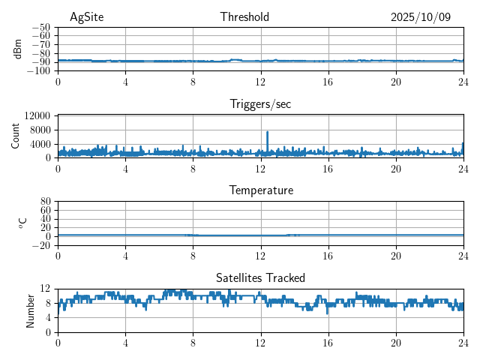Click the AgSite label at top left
pos(85,17)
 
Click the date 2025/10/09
pos(421,17)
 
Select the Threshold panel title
pos(244,17)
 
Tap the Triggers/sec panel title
pos(260,104)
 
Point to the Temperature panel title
pos(260,190)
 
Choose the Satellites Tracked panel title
pos(260,277)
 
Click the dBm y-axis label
pos(19,49)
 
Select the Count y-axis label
pos(16,136)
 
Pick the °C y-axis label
pos(23,223)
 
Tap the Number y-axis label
pos(31,310)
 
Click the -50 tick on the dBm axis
pos(40,27)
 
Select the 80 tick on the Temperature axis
pos(45,201)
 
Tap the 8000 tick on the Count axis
pos(40,130)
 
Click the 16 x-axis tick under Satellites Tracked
pos(328,342)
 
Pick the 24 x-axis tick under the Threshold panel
pos(463,81)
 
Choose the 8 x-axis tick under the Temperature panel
pos(193,255)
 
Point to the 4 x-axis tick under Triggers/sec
pos(125,168)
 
